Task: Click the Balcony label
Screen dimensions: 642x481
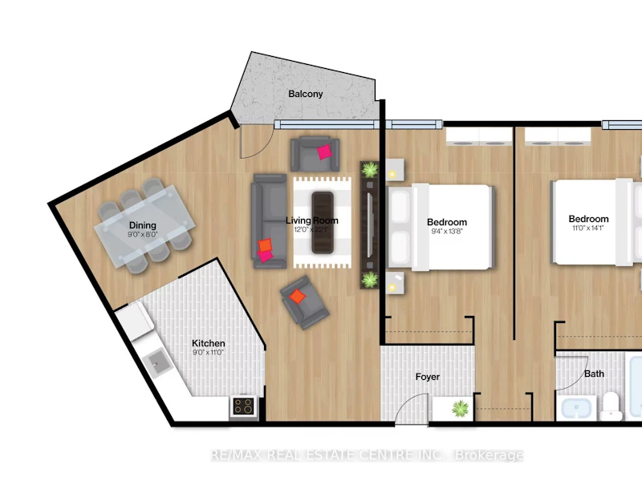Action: tap(306, 94)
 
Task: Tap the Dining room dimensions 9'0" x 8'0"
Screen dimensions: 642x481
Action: tap(143, 234)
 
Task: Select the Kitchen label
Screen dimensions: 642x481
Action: tap(209, 343)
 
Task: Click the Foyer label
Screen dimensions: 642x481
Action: tap(428, 377)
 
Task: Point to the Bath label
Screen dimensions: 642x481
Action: tap(594, 374)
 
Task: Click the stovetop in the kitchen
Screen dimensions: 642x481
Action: tap(243, 406)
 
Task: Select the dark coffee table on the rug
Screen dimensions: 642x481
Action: tap(323, 223)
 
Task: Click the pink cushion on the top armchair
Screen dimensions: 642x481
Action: tap(325, 152)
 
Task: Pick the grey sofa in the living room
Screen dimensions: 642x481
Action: tap(269, 221)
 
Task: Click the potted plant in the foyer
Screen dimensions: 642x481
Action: tap(460, 408)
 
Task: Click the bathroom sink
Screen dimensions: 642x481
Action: tap(576, 408)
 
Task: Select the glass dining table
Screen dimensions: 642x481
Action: tap(144, 226)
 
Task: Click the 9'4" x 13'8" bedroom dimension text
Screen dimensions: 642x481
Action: tap(447, 231)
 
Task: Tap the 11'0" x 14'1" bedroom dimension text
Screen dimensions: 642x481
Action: tap(588, 228)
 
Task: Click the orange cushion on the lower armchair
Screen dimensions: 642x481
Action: tap(298, 296)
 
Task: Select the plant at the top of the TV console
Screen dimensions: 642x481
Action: tap(370, 169)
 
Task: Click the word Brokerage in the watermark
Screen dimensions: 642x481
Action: tap(490, 455)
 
